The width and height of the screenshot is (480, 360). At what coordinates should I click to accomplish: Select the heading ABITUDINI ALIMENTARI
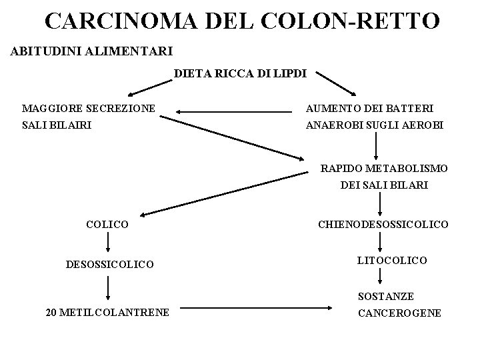point(92,51)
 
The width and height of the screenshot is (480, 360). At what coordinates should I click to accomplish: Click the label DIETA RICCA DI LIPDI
point(240,74)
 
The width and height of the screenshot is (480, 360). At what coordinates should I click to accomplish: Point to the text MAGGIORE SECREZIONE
point(89,108)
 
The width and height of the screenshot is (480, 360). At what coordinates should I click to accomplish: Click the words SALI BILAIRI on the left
point(57,125)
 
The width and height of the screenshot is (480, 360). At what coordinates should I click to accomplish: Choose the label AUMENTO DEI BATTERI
point(369,108)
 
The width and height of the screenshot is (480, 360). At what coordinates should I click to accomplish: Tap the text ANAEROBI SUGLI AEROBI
point(374,125)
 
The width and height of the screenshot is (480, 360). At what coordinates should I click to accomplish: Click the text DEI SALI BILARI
point(384,185)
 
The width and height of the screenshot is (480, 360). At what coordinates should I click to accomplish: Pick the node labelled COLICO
point(107,225)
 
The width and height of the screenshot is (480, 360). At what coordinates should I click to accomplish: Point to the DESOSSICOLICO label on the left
point(109,265)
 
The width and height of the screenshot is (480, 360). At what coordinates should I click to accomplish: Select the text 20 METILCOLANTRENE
point(107,311)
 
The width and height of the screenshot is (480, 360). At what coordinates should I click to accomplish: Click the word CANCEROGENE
point(399,312)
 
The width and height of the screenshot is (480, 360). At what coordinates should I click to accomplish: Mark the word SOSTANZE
point(385,295)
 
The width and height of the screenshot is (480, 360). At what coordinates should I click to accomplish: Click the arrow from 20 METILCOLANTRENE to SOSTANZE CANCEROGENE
point(257,309)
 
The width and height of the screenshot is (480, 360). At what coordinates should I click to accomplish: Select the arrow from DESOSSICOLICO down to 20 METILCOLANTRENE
point(108,288)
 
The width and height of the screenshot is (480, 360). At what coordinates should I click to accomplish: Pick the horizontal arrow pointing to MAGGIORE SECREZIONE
point(234,112)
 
